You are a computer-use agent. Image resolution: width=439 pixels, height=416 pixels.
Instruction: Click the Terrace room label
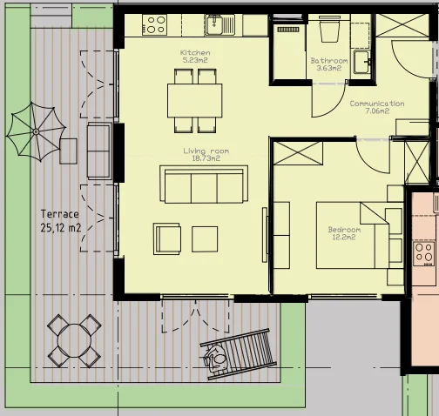point(60,214)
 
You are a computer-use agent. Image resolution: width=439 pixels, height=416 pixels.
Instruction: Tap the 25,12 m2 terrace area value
point(61,228)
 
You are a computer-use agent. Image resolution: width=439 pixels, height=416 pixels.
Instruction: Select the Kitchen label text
point(195,52)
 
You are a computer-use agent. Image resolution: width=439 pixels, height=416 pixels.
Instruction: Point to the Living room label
point(206,151)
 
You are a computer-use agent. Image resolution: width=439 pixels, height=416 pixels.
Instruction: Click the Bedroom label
point(344,230)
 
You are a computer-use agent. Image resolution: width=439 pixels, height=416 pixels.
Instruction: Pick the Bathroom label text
point(329,61)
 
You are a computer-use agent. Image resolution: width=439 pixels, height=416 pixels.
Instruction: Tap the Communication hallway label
point(377,104)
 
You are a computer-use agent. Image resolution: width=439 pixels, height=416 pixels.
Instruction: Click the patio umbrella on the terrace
point(36,131)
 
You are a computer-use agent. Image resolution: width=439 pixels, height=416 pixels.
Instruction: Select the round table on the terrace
point(74,340)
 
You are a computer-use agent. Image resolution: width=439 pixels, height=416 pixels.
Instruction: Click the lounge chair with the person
point(238,354)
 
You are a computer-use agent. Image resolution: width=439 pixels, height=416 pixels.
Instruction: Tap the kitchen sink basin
point(214,24)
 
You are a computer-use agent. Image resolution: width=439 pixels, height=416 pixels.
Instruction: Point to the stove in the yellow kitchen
point(154,25)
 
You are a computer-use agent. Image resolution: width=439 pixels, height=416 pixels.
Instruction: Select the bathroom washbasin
point(362,62)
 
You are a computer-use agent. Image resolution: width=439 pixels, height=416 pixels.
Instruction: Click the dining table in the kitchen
point(195,101)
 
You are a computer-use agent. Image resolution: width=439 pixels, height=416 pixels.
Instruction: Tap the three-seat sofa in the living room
point(204,185)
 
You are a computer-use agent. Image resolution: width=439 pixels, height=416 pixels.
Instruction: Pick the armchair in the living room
point(167,239)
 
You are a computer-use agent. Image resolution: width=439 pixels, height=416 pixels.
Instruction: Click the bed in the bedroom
point(353,235)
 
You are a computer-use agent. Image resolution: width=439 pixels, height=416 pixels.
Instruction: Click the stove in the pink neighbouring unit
point(424,253)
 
